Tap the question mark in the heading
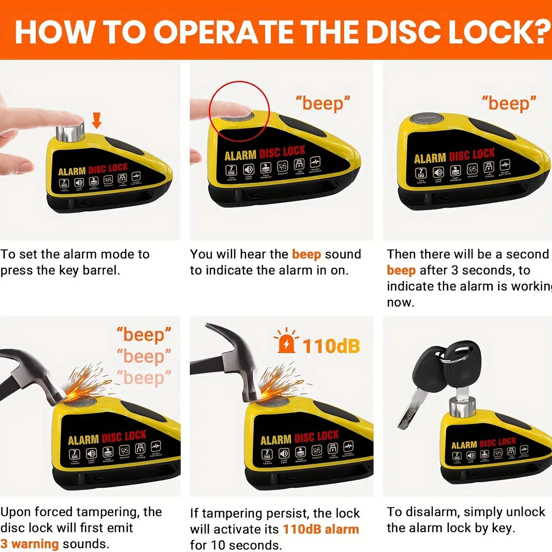tap(541, 32)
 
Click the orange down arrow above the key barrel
tap(97, 120)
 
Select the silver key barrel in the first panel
tap(70, 131)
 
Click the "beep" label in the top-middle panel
tap(323, 103)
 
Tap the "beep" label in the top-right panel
tap(509, 103)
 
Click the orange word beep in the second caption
tap(306, 254)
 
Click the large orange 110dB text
tap(331, 346)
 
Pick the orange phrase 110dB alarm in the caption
tap(321, 529)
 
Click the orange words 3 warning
tap(29, 544)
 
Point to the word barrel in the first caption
tap(101, 270)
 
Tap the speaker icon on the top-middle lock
tap(249, 169)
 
